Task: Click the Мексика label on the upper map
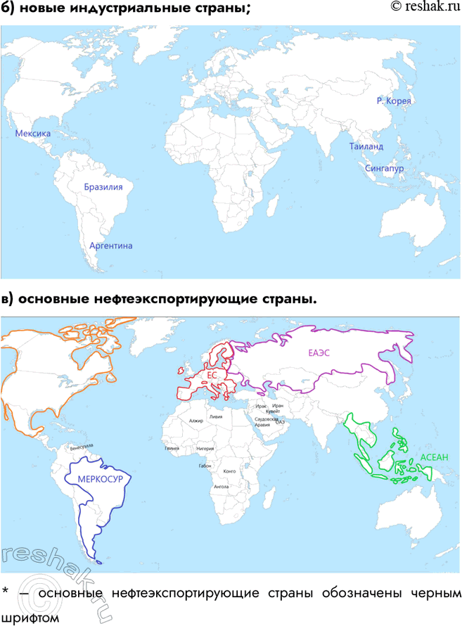pos(32,133)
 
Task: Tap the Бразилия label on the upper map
pos(103,188)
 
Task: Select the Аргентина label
pos(110,245)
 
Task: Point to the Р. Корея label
pos(394,101)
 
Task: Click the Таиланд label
pos(366,146)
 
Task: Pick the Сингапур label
pos(385,169)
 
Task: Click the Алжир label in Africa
pos(195,421)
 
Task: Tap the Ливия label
pos(226,416)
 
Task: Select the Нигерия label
pos(205,448)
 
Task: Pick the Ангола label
pos(221,486)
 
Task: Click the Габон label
pos(205,466)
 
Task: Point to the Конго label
pos(229,472)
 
